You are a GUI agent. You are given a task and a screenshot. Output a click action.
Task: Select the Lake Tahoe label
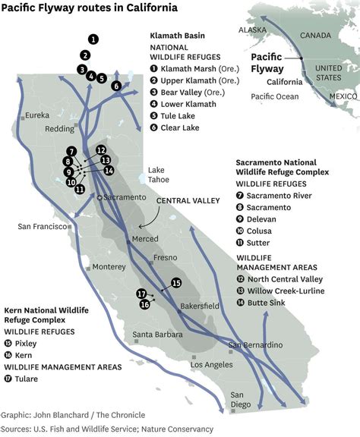click(x=156, y=174)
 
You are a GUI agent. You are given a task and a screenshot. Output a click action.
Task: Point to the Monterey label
click(x=109, y=266)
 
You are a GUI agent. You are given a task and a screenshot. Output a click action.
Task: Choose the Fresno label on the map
click(x=165, y=258)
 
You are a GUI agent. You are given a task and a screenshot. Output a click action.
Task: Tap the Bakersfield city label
click(x=201, y=307)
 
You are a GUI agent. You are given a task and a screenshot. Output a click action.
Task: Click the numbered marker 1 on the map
click(x=93, y=38)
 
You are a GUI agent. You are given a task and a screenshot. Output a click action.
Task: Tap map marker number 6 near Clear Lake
click(x=116, y=86)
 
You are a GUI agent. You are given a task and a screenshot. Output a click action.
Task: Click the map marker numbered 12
click(x=101, y=150)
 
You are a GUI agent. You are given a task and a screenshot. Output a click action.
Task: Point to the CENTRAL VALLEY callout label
click(x=188, y=201)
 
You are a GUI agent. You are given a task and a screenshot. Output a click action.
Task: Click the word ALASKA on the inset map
click(x=251, y=30)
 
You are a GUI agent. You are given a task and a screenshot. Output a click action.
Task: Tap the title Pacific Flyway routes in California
click(x=90, y=8)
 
